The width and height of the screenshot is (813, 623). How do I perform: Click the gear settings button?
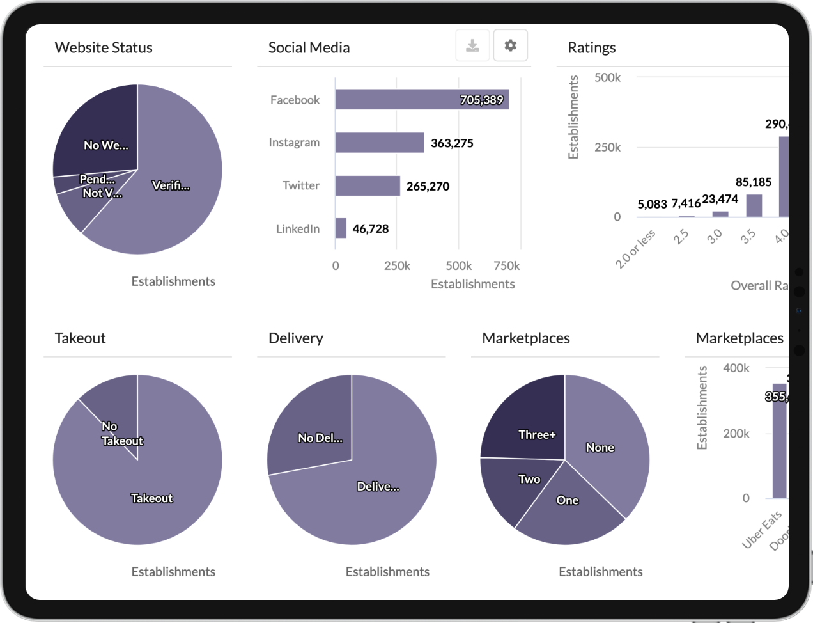click(510, 45)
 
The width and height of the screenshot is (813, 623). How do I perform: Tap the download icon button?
click(472, 45)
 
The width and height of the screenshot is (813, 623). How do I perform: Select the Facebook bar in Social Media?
click(421, 99)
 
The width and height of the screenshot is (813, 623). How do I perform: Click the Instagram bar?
click(380, 143)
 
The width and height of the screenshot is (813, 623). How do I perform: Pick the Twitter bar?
click(368, 185)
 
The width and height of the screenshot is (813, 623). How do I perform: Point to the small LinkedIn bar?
click(341, 228)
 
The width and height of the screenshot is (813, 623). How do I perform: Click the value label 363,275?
click(452, 143)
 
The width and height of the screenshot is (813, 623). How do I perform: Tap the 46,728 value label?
click(371, 229)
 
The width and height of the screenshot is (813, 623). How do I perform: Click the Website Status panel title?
click(104, 47)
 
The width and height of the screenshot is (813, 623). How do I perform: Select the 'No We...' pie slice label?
click(106, 145)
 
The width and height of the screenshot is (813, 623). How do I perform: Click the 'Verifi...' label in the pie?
click(171, 185)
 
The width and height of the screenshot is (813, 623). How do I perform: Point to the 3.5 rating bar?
click(754, 205)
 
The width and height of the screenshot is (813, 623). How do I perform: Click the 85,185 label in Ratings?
click(754, 182)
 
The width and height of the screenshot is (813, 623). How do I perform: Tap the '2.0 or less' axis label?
click(635, 249)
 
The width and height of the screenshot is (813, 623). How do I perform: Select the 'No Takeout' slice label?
click(121, 434)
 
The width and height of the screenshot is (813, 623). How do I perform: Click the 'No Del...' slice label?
click(320, 438)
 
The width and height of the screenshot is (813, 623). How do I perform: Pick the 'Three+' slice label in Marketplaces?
click(537, 435)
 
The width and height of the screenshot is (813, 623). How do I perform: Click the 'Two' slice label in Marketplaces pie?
click(529, 479)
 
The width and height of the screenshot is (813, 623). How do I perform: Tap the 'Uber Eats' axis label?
click(762, 530)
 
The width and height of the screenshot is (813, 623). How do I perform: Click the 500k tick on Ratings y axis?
click(607, 77)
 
